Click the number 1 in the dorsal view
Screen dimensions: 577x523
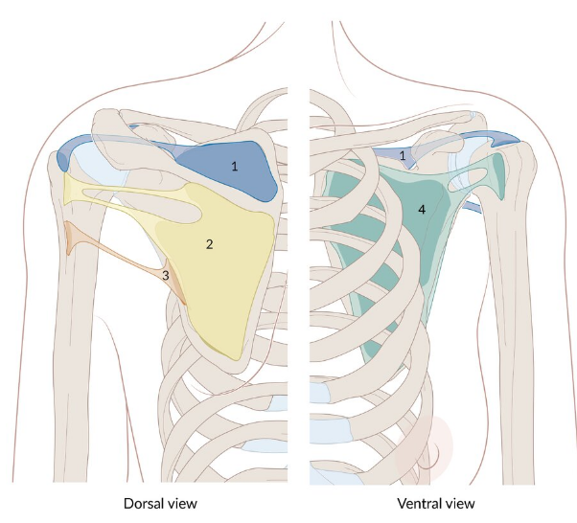pyautogui.click(x=234, y=167)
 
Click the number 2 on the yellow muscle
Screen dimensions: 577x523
pyautogui.click(x=209, y=244)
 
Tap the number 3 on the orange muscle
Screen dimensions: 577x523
pyautogui.click(x=166, y=276)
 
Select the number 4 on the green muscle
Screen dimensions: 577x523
pyautogui.click(x=421, y=208)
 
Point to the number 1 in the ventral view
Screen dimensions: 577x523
pyautogui.click(x=404, y=154)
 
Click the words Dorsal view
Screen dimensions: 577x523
pyautogui.click(x=160, y=502)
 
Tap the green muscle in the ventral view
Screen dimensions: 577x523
pyautogui.click(x=383, y=239)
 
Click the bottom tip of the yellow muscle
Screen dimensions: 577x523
pyautogui.click(x=234, y=355)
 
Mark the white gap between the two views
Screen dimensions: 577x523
pyautogui.click(x=298, y=287)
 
